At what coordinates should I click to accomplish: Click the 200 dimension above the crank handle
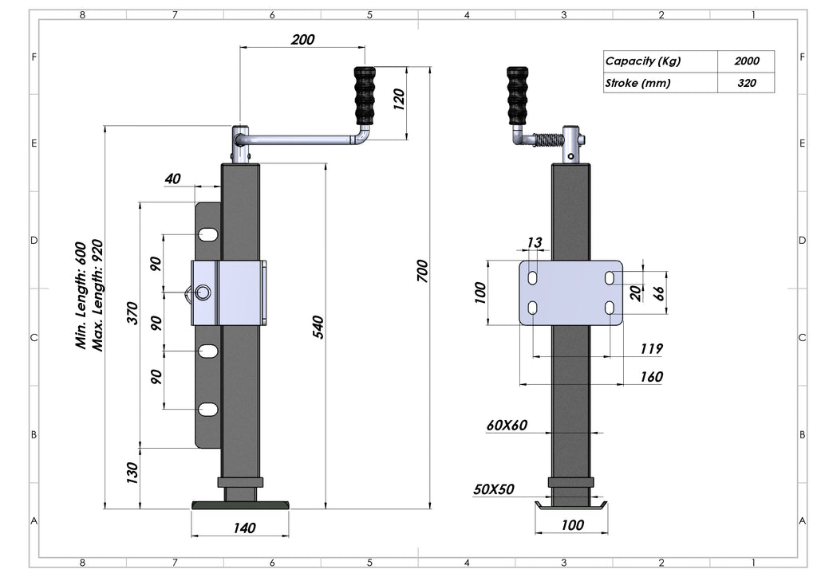point(302,39)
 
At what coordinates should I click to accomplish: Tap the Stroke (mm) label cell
point(637,83)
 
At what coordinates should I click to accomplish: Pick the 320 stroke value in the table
point(746,83)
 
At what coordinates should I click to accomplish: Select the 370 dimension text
point(132,314)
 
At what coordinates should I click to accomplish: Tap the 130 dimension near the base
point(132,473)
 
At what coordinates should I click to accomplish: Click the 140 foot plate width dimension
point(244,528)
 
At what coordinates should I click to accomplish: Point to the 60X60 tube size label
point(507,425)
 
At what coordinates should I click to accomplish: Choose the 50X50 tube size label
point(493,489)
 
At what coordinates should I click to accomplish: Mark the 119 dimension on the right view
point(651,348)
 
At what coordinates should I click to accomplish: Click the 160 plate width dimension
point(651,376)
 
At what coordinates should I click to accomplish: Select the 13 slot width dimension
point(534,242)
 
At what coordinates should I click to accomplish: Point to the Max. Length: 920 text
point(99,296)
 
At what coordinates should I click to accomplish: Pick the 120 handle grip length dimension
point(399,98)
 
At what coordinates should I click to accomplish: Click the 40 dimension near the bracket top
point(172,179)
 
